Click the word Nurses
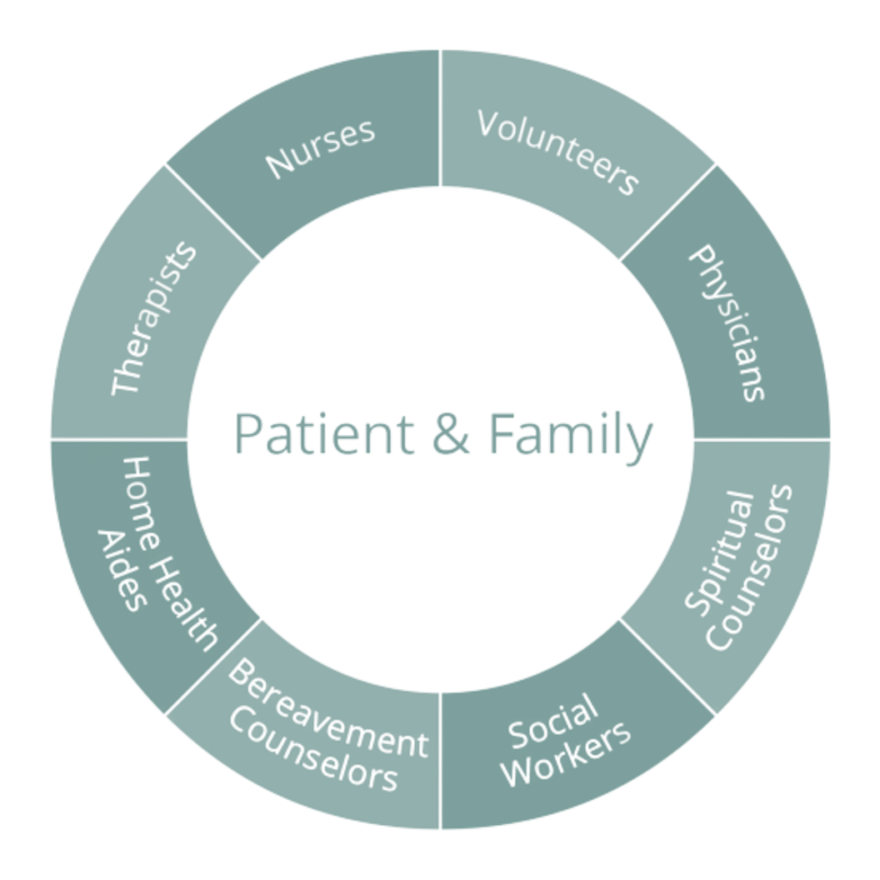321,148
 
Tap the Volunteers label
559,152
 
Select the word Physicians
727,322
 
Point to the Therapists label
154,318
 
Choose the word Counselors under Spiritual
749,567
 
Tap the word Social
553,719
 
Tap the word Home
137,502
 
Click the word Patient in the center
324,433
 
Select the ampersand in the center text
451,433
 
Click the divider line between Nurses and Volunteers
440,118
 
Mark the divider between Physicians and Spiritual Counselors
761,439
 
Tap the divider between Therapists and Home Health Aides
119,438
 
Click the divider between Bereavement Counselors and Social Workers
440,761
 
